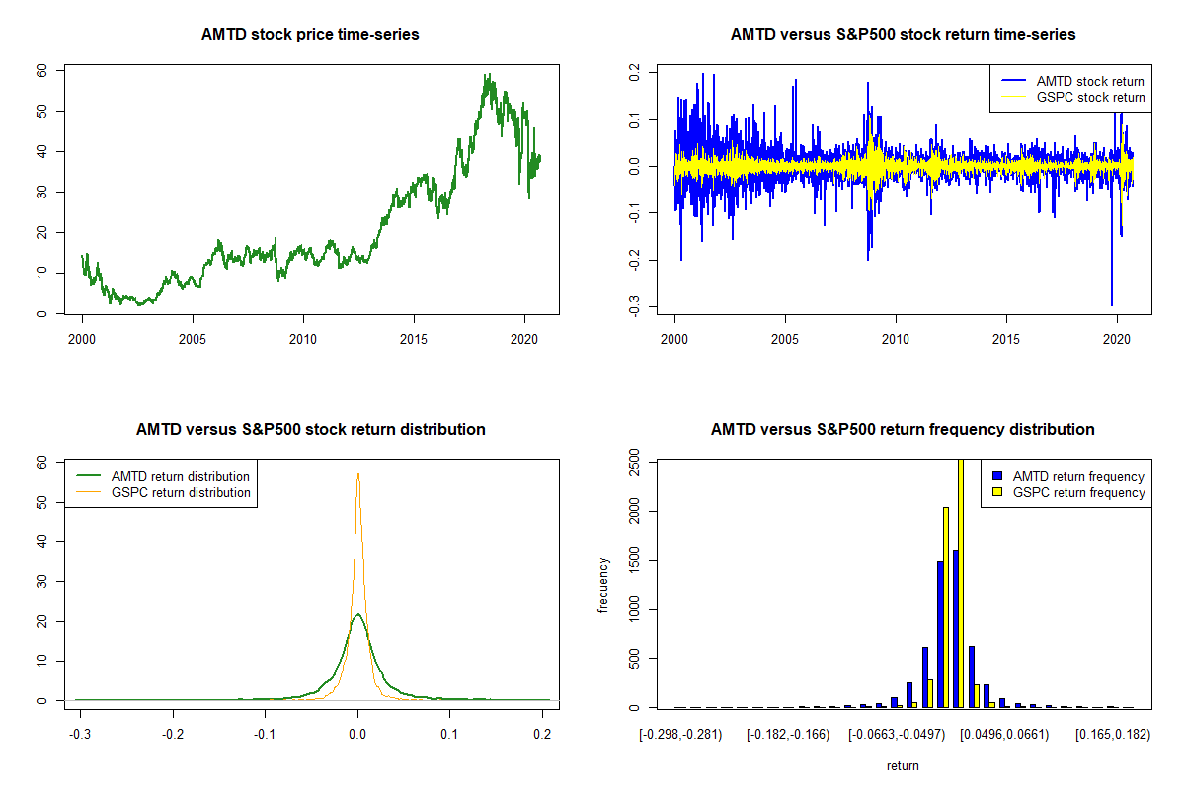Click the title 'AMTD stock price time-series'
coord(310,35)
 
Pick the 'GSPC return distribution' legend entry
coord(181,492)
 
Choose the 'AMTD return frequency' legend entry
coord(1077,476)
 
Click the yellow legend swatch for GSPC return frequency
coord(996,492)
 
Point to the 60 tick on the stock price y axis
coord(42,71)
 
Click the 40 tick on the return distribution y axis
coord(42,541)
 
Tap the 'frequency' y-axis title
coord(603,586)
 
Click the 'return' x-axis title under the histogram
coord(903,765)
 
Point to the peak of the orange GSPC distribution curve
coord(358,473)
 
